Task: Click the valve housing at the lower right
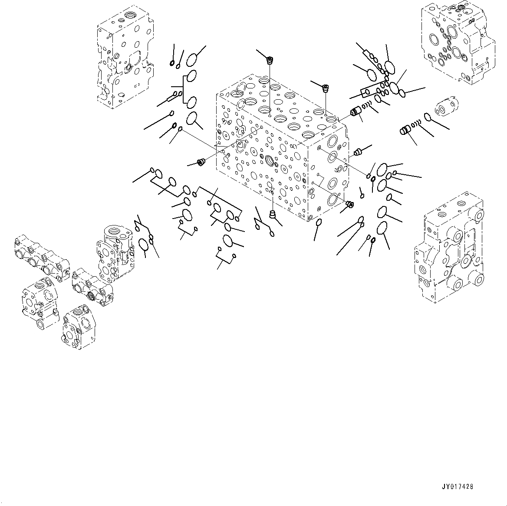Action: pos(450,251)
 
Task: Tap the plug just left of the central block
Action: pos(201,163)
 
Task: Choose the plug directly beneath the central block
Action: pos(273,213)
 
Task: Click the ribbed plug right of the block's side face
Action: pos(358,152)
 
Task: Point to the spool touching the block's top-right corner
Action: pos(357,112)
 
